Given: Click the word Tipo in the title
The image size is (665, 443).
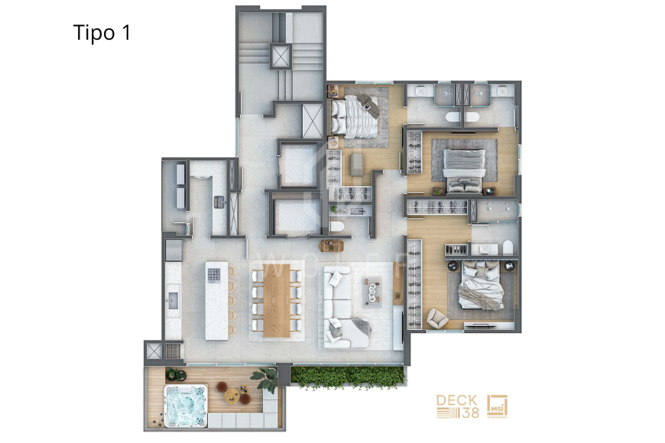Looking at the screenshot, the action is click(94, 33).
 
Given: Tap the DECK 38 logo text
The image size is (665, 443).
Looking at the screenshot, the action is click(457, 406).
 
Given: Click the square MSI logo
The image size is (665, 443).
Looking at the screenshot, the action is click(497, 406).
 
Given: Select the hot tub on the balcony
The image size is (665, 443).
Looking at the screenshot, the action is click(186, 406).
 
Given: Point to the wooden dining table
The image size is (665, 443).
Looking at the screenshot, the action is click(277, 301).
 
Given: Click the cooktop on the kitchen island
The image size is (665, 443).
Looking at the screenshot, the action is click(214, 275).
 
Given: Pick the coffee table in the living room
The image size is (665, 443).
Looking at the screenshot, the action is click(372, 293).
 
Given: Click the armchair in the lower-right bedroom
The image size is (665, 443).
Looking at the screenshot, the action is click(437, 318).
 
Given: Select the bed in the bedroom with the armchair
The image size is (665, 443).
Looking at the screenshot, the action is click(482, 286).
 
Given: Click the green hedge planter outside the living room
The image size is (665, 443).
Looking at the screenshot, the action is click(347, 377).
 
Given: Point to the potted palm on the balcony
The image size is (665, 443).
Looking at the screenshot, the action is click(265, 379).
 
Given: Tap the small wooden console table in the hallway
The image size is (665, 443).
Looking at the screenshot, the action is click(332, 246).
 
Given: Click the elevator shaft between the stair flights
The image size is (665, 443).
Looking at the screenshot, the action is click(281, 57).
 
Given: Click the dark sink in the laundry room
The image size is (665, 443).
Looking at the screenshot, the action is click(219, 202).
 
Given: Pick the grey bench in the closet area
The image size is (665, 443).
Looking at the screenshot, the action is click(357, 164).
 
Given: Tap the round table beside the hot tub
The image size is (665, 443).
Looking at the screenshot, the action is click(232, 396).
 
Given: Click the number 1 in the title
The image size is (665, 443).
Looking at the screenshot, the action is click(125, 33).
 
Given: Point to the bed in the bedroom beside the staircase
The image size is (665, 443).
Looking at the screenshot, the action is click(355, 117).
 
